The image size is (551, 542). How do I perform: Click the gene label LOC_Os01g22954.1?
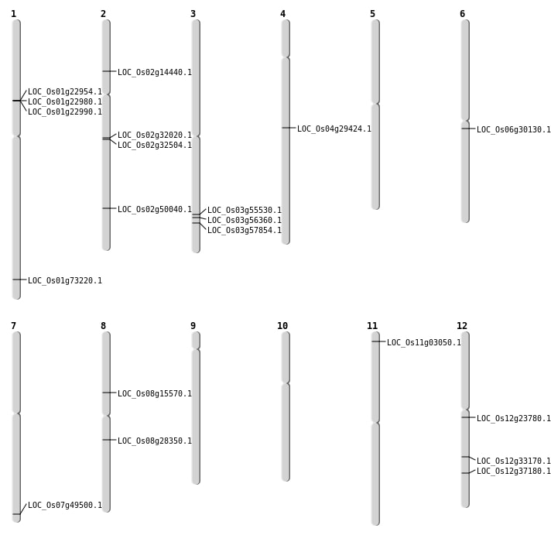coord(65,92)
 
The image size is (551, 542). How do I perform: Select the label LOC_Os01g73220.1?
coord(65,281)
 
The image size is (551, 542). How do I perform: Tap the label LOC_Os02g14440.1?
coord(155,73)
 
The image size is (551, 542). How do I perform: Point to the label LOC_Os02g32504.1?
coord(155,146)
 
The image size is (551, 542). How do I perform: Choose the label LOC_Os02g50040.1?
coord(155,210)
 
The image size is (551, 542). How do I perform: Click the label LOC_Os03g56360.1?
coord(245,221)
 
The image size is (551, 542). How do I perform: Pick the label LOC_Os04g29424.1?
coord(334,129)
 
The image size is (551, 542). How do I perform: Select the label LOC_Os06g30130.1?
coord(514,130)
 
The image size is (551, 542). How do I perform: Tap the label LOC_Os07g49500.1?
coord(65,506)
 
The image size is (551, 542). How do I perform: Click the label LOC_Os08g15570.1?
coord(155,394)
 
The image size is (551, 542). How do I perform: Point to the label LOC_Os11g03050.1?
coord(424,343)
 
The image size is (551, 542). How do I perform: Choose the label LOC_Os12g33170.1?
coord(514,461)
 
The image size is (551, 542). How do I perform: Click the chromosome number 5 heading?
coord(372,14)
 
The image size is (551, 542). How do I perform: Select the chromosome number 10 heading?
coord(282,326)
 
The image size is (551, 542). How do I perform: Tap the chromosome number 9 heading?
coord(193,326)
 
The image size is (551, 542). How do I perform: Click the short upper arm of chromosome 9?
coord(196,340)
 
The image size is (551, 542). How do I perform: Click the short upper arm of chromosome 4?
coord(286,38)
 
